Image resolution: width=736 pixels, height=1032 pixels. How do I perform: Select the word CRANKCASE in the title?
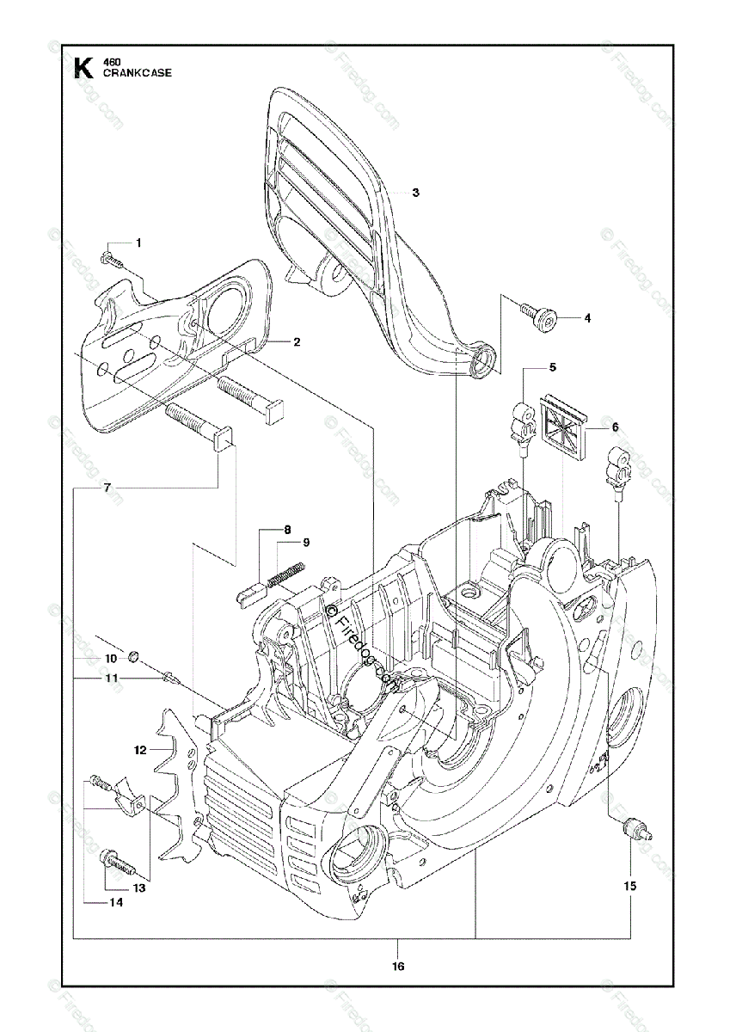click(x=137, y=73)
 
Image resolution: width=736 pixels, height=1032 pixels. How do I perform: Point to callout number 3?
click(x=415, y=193)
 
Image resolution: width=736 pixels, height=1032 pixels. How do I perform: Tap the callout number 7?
click(x=107, y=488)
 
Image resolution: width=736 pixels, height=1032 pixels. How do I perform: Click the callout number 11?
click(x=110, y=679)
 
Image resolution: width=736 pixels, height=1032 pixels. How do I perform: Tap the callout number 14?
click(x=115, y=902)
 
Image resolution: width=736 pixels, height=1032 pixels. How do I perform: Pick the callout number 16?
click(x=397, y=967)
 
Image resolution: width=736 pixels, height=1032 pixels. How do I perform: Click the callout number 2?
click(x=296, y=341)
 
